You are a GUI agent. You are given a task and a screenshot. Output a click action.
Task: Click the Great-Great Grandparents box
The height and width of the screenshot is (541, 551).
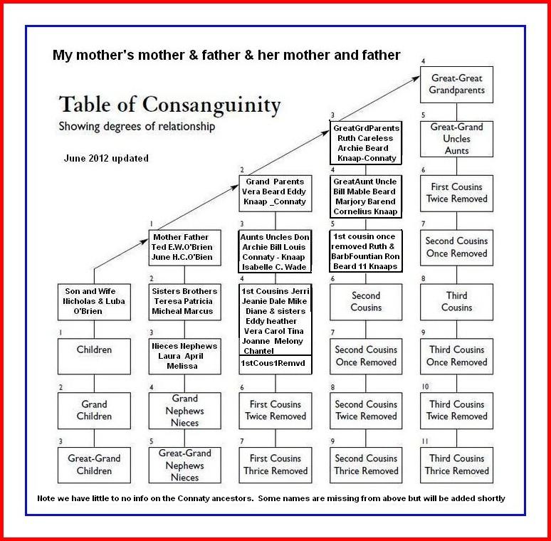pyautogui.click(x=456, y=85)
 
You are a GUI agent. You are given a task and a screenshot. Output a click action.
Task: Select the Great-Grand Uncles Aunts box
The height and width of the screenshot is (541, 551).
pyautogui.click(x=456, y=139)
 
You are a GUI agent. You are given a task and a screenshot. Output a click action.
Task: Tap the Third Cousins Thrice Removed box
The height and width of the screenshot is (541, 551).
pyautogui.click(x=456, y=464)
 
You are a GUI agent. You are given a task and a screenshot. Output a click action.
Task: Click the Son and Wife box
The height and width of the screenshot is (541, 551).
pyautogui.click(x=94, y=301)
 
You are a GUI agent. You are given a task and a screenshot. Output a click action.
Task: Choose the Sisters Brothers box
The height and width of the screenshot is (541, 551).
pyautogui.click(x=184, y=301)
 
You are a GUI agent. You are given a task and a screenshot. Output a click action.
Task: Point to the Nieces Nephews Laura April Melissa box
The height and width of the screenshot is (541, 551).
pyautogui.click(x=184, y=356)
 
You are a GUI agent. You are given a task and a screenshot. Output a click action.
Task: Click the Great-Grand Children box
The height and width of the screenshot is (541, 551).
pyautogui.click(x=94, y=464)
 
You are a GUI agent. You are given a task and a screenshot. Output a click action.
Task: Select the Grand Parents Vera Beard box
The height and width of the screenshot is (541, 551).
pyautogui.click(x=275, y=192)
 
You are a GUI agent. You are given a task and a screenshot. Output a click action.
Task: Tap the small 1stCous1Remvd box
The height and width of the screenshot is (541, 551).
pyautogui.click(x=275, y=364)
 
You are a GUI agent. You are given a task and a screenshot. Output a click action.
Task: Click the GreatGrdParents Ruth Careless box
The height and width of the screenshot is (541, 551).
pyautogui.click(x=366, y=143)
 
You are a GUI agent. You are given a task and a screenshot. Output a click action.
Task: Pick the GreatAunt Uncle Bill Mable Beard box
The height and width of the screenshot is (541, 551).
pyautogui.click(x=366, y=196)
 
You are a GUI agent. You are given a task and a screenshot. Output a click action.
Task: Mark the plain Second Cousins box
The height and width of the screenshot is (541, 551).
pyautogui.click(x=366, y=301)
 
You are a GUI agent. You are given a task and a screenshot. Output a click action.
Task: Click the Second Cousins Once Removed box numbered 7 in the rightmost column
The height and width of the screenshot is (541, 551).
pyautogui.click(x=456, y=247)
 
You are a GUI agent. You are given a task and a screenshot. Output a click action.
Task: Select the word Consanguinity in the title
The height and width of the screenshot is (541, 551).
pyautogui.click(x=220, y=105)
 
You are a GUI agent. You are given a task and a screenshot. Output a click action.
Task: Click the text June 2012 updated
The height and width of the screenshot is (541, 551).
pyautogui.click(x=106, y=158)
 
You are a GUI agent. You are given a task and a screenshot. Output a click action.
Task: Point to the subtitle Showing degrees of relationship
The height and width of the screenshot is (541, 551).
pyautogui.click(x=136, y=127)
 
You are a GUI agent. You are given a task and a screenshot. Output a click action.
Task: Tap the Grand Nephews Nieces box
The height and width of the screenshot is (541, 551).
pyautogui.click(x=184, y=410)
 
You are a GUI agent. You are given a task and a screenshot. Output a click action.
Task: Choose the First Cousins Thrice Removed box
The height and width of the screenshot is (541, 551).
pyautogui.click(x=275, y=464)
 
